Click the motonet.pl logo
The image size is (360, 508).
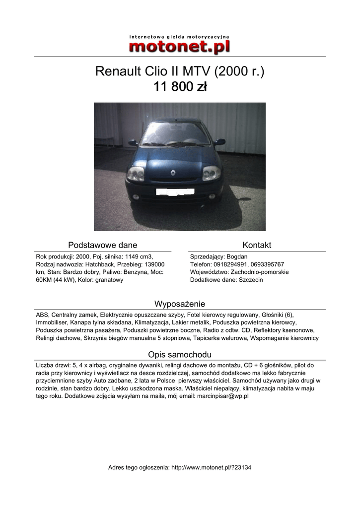pos(179,45)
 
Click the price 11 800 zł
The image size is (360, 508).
pos(180,87)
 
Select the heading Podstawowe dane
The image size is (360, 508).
pos(102,245)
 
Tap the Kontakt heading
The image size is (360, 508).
pos(257,245)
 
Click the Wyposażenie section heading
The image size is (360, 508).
pos(180,304)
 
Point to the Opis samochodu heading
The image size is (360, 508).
pos(180,354)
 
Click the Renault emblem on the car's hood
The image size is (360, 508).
pos(173,173)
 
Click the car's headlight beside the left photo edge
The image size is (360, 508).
pos(136,174)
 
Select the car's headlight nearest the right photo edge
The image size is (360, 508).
pos(211,173)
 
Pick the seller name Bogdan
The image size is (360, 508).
pos(237,256)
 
